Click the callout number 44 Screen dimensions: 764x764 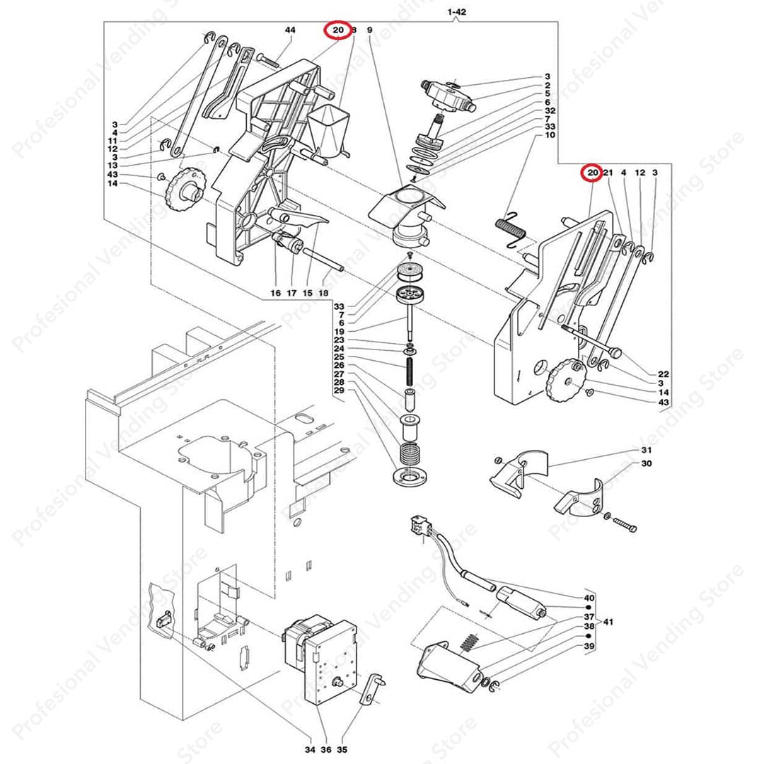(x=290, y=30)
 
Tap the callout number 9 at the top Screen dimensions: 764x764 (x=369, y=30)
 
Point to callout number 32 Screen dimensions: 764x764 (x=550, y=111)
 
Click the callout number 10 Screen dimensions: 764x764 (x=550, y=135)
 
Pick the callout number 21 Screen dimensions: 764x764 (x=608, y=173)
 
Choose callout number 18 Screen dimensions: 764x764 (x=324, y=293)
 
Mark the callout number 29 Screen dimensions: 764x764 (x=339, y=391)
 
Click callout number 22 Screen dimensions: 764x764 (x=663, y=374)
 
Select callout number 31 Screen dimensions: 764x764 (x=646, y=451)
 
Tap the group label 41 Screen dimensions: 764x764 (x=608, y=622)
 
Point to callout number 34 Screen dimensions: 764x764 (x=309, y=750)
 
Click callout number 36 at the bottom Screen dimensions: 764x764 (x=326, y=750)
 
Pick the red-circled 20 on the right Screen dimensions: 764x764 (x=591, y=173)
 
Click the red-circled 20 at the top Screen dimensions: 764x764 (x=337, y=30)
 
